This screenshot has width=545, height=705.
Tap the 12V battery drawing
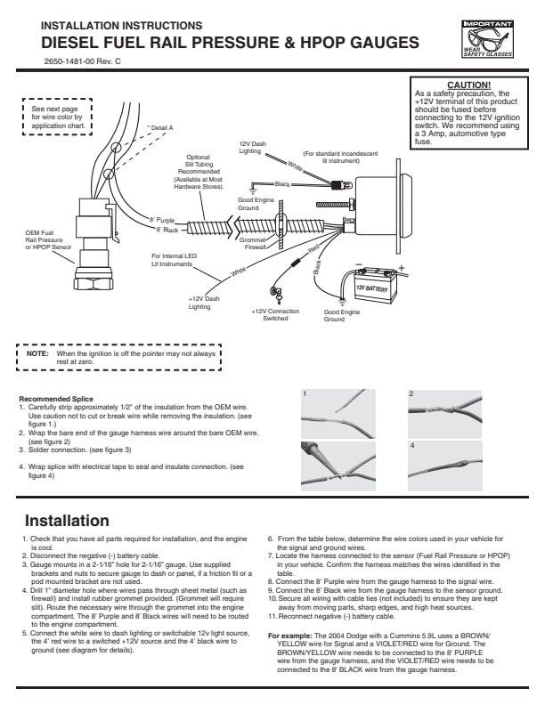373,287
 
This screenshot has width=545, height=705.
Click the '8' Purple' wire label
164,219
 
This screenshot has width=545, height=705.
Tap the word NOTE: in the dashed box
37,353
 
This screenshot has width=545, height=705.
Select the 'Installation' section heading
67,520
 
